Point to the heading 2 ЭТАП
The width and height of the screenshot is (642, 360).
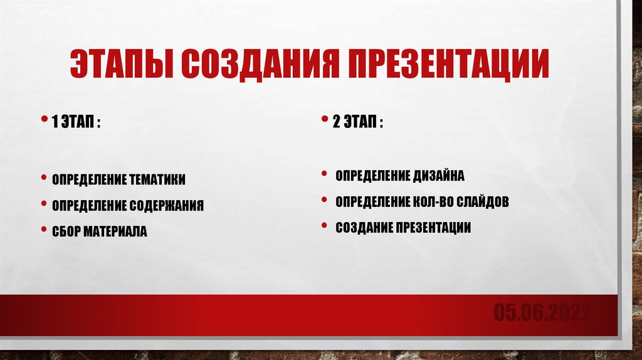(358, 122)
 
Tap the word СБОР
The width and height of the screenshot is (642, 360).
(66, 231)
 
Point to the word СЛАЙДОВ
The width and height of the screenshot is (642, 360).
(483, 202)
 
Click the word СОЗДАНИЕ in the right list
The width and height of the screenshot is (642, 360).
(364, 227)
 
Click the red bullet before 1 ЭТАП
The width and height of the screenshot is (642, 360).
(44, 119)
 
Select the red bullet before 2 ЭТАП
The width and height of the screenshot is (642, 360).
(325, 119)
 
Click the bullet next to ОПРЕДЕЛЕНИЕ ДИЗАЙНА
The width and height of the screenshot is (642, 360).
(324, 174)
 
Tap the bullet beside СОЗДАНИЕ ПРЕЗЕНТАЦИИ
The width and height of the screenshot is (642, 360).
(324, 225)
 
